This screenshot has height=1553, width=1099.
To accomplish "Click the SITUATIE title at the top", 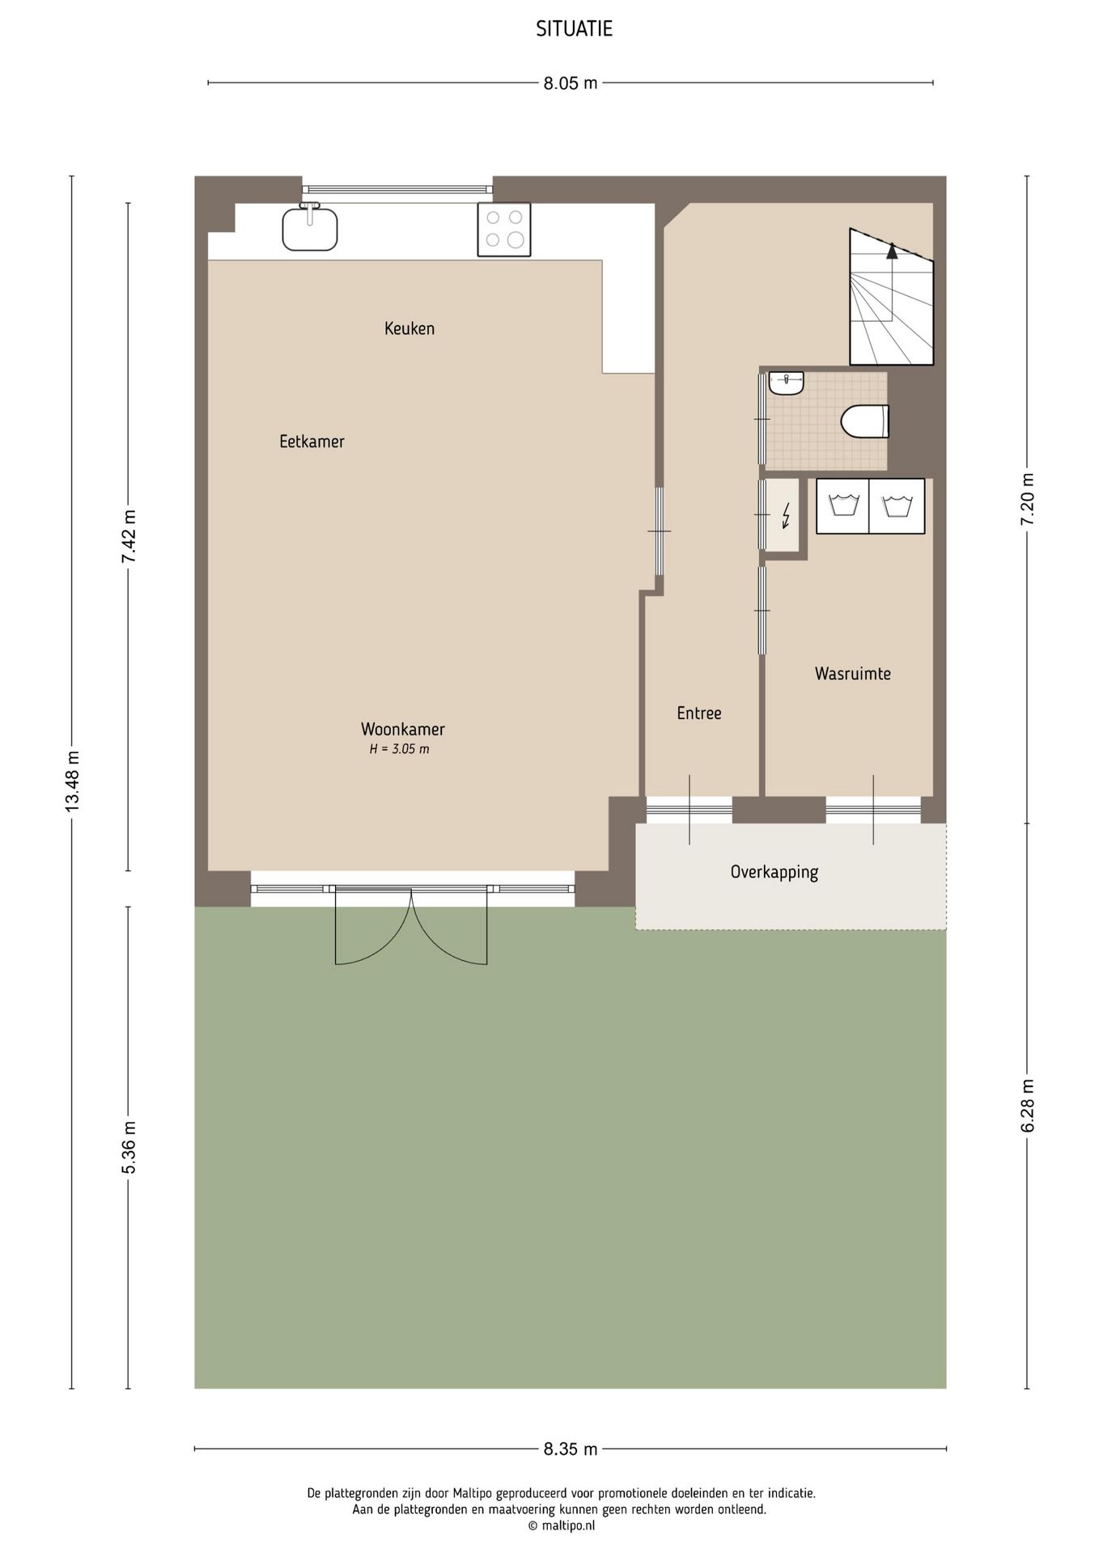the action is tap(574, 29).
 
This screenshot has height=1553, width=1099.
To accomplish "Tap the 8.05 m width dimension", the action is tap(570, 83).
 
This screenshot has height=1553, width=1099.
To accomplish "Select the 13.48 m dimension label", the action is tap(72, 781).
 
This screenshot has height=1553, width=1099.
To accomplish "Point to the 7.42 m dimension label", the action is tap(129, 538).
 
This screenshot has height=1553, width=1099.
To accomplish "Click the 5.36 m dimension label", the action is tap(129, 1148).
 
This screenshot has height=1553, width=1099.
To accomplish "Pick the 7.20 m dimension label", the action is tap(1028, 499).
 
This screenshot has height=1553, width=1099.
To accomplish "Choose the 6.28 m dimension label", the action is tap(1028, 1106).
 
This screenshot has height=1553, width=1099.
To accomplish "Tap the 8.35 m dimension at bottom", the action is tap(570, 1449).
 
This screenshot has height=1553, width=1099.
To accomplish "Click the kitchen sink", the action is tap(310, 228).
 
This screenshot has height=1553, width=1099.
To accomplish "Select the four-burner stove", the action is tap(504, 230).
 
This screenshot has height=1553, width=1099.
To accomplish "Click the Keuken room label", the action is tap(409, 328).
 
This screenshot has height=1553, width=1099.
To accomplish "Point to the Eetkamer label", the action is tap(312, 442).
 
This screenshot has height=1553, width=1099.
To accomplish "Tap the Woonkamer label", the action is tap(403, 729).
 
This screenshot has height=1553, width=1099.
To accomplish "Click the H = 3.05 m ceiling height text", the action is tap(400, 749).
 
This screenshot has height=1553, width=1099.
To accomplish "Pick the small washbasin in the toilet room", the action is tap(786, 383).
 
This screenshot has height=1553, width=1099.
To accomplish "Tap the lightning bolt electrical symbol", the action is tap(785, 515).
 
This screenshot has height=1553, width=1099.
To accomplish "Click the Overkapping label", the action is tap(774, 872).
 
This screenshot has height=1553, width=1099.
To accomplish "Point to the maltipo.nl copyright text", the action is tap(562, 1525).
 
